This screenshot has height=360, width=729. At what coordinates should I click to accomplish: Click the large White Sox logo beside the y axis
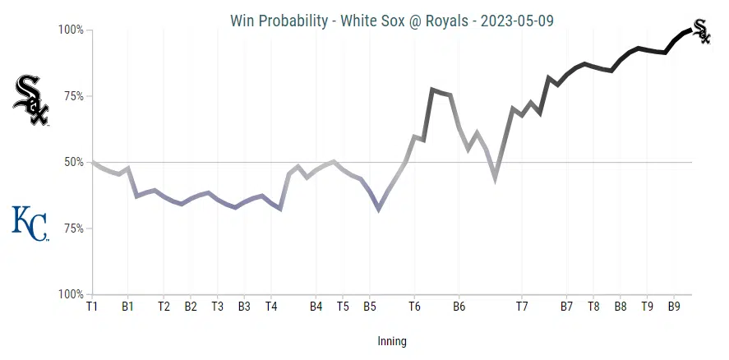tap(31, 100)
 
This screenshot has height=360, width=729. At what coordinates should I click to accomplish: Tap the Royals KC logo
tap(30, 224)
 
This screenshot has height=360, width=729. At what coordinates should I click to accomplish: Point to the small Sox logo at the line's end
tap(701, 31)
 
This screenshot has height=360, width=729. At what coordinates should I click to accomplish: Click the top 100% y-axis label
tap(71, 30)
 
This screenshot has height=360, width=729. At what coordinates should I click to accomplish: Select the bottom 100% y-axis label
tap(71, 294)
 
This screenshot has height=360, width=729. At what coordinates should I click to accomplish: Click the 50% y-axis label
tap(73, 162)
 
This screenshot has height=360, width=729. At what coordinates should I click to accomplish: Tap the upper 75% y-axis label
tap(73, 96)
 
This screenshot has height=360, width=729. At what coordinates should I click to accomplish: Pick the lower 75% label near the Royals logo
tap(73, 228)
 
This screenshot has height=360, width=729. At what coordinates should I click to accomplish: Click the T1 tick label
tap(92, 307)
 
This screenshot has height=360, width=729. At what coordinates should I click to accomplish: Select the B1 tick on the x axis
tap(127, 307)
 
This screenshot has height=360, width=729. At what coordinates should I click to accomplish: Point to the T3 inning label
tap(217, 307)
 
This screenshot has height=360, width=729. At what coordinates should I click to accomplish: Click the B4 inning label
tap(316, 307)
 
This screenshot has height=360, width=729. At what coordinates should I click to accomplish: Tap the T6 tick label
tap(414, 307)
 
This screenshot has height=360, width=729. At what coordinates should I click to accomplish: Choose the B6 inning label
tap(459, 307)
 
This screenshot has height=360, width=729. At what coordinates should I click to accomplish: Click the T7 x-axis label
tap(522, 307)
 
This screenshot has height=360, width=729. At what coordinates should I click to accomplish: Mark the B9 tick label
tap(674, 307)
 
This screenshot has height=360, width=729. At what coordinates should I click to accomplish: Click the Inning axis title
tap(391, 341)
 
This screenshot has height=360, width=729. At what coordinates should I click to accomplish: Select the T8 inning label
tap(593, 307)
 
